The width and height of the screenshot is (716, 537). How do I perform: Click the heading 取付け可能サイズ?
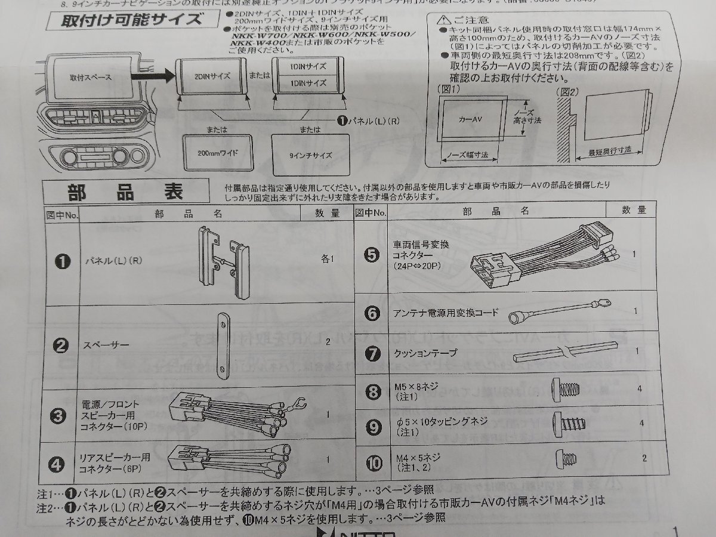coord(132,20)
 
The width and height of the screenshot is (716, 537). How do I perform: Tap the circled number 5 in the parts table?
coord(371,255)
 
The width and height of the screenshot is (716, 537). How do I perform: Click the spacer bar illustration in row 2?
coord(223,345)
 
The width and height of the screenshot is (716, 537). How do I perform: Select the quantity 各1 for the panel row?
coord(329,259)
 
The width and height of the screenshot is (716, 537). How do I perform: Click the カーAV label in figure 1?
coord(470,119)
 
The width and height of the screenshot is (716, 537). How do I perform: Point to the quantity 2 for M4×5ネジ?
coord(644,458)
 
